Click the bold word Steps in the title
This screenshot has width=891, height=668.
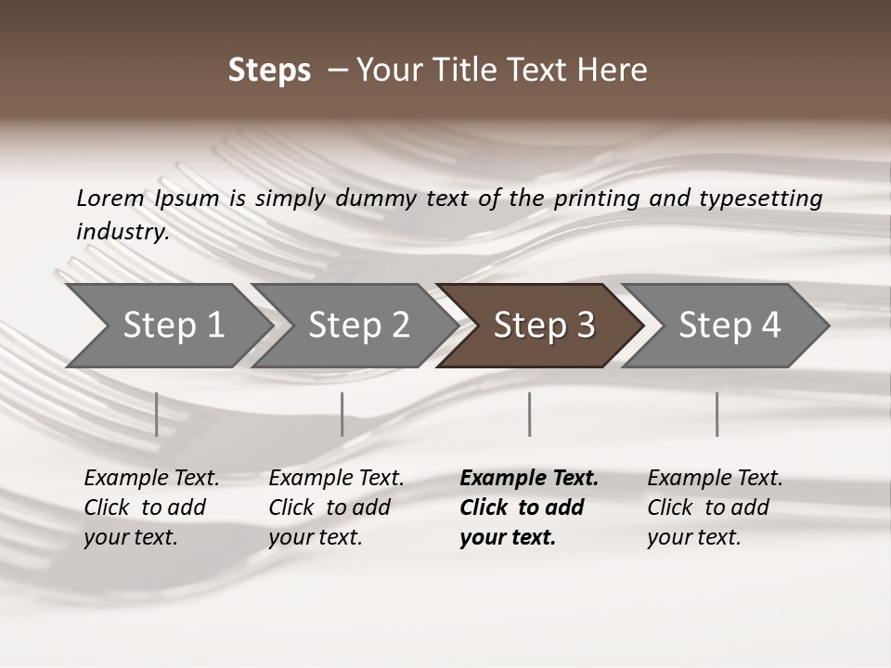(x=269, y=71)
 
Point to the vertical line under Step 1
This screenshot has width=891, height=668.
(x=157, y=414)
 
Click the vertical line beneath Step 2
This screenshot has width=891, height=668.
(x=342, y=414)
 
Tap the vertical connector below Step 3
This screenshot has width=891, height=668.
(x=529, y=414)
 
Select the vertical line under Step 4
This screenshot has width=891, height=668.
(x=717, y=414)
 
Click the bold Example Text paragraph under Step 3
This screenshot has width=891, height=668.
(x=528, y=507)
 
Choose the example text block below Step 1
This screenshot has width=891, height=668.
(x=151, y=507)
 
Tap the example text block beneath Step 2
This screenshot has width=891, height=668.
(x=336, y=507)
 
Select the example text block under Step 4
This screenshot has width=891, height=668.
(x=715, y=507)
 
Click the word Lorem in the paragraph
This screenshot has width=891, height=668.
(x=110, y=198)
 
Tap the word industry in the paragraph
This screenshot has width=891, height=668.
(x=123, y=231)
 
